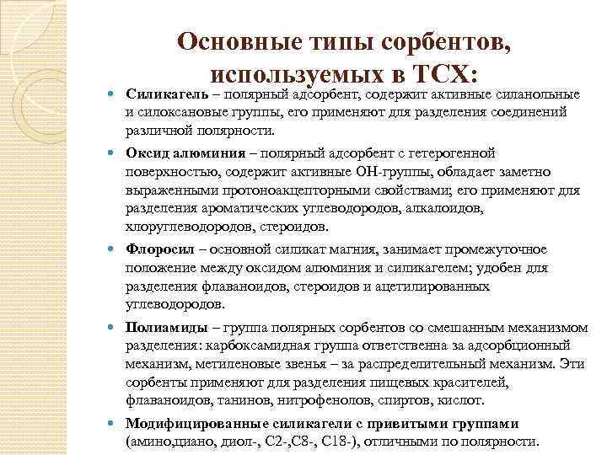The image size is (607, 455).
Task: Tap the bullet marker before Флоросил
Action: tap(114, 250)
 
